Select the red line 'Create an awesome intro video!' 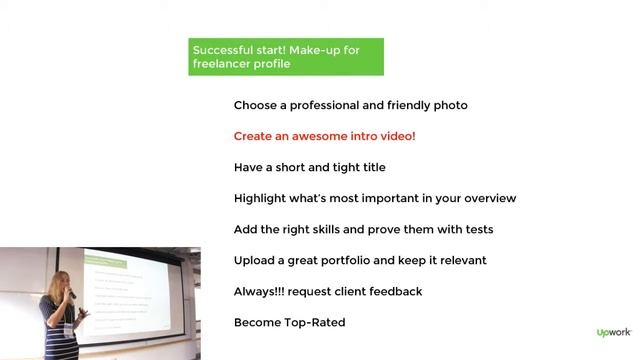click(324, 136)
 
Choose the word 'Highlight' click(263, 198)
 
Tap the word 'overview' click(487, 198)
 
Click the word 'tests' click(475, 229)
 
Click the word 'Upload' click(256, 260)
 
